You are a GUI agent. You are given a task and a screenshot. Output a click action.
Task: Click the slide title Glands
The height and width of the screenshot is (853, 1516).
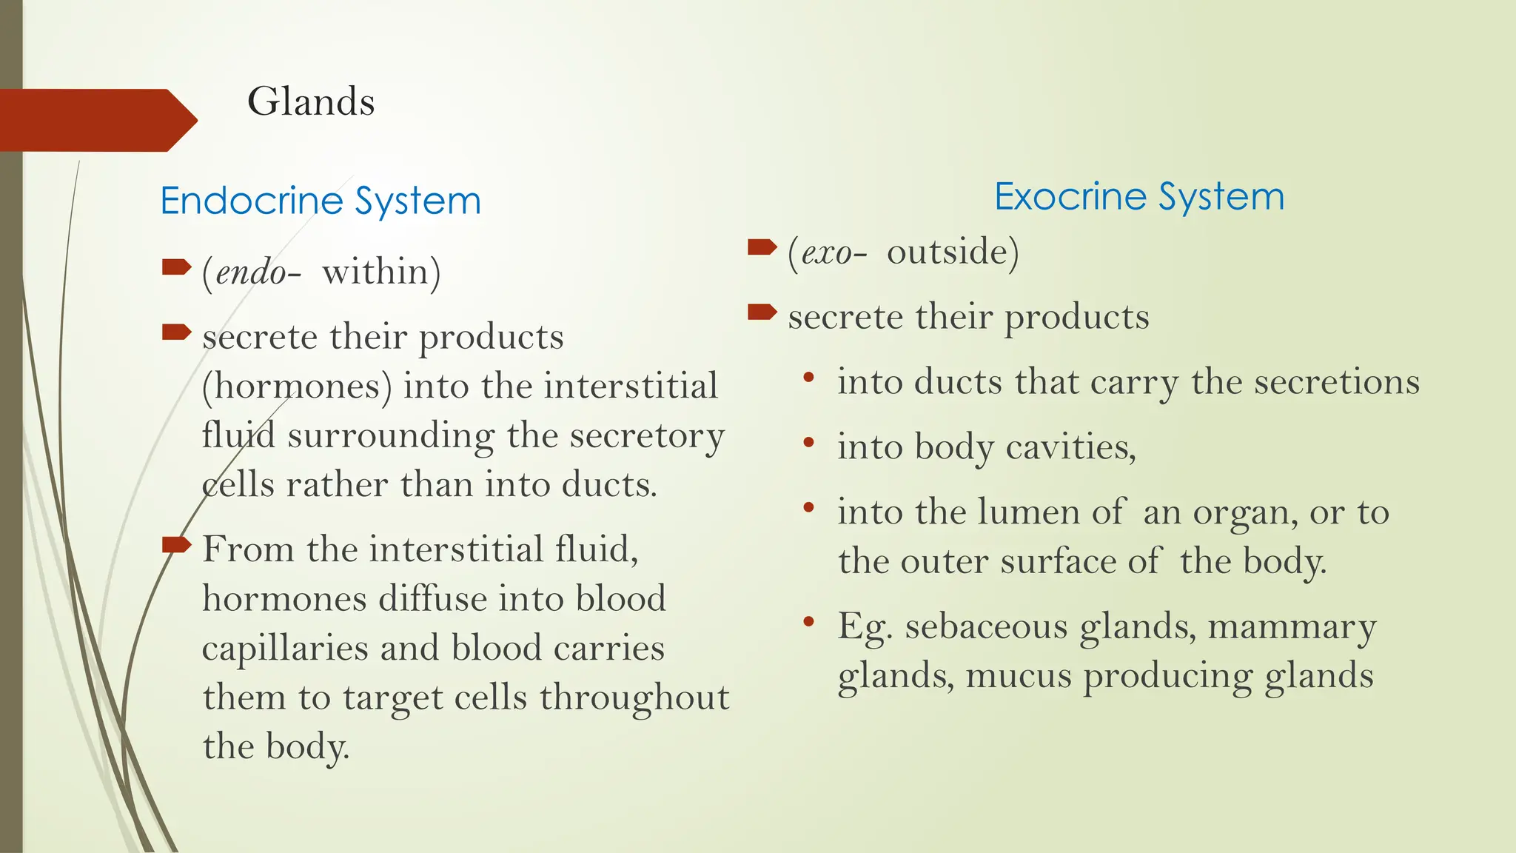[x=311, y=101]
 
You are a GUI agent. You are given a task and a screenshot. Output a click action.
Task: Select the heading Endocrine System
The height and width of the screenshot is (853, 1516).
[x=321, y=201]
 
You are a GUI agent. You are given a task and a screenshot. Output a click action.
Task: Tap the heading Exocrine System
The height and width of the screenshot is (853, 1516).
[x=1138, y=196]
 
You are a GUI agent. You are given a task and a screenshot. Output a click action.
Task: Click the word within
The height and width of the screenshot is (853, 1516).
[x=375, y=272]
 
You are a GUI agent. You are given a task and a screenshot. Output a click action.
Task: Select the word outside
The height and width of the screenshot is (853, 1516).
[x=947, y=252]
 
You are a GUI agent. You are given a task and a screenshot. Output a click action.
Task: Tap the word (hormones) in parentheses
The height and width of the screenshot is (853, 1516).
[x=297, y=387]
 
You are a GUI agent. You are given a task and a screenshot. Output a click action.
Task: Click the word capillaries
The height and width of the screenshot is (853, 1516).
[x=285, y=649]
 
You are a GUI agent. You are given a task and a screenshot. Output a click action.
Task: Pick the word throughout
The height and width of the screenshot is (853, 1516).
[x=634, y=698]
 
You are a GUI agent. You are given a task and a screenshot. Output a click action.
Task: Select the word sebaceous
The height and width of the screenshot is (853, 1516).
[x=986, y=626]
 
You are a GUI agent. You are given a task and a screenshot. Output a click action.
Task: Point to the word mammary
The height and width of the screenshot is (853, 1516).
[x=1292, y=628]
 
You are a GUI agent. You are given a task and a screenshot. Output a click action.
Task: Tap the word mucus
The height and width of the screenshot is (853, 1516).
[x=1019, y=676]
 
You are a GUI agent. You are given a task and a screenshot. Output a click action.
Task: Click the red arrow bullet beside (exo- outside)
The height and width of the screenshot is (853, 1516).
[x=762, y=247]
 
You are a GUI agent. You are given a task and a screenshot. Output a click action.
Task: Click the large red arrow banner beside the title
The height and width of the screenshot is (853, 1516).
[x=96, y=120]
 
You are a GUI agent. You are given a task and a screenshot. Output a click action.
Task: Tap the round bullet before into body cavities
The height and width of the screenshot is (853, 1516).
[x=808, y=443]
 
